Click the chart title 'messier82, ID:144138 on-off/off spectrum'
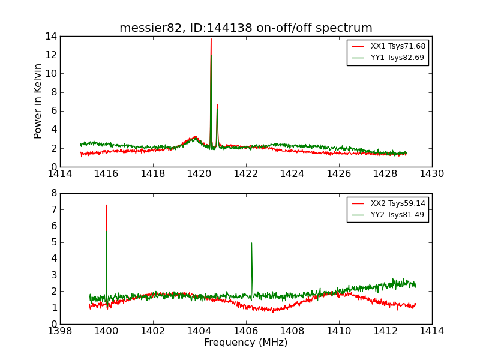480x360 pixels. tap(245, 28)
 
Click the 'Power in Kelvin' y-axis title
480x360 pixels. tap(38, 101)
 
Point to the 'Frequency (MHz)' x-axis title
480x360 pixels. tap(245, 343)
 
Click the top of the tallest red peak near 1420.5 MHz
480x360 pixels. tap(211, 39)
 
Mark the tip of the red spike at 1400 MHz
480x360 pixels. tap(107, 205)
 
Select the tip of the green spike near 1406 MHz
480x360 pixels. tap(251, 243)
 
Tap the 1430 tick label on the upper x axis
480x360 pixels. tap(431, 174)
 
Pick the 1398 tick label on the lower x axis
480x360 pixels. tap(60, 331)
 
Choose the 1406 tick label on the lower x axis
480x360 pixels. tap(245, 331)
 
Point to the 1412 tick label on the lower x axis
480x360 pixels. tap(385, 331)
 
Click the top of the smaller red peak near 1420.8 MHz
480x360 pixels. tap(217, 104)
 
